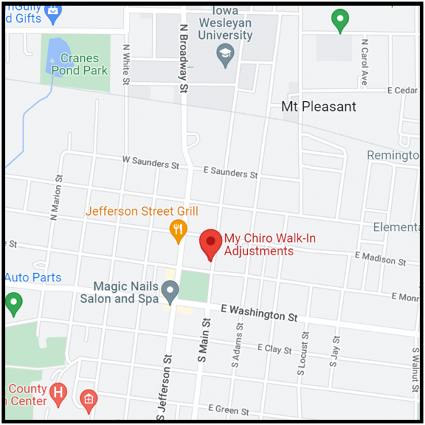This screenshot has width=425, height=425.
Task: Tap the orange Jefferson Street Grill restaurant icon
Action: coord(178,229)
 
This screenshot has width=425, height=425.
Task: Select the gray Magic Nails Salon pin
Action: coord(169,289)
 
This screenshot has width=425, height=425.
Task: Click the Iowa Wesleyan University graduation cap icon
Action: coord(225,55)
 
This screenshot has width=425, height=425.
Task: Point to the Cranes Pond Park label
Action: coord(84,64)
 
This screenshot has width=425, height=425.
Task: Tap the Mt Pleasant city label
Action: coord(318,107)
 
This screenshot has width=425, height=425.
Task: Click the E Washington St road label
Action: coord(259,313)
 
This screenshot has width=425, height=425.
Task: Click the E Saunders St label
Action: coord(229,172)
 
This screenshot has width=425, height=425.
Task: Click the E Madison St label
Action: coord(380,258)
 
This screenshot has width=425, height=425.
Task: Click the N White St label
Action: coord(125,65)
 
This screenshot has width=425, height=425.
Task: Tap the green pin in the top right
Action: coord(340,20)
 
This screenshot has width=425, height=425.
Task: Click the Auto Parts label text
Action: coord(33,278)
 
